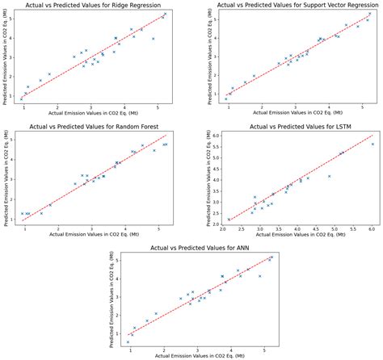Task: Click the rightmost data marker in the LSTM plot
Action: coord(372,144)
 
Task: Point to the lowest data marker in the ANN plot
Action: coord(127,342)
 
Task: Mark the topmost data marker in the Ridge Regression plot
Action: coord(166,14)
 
